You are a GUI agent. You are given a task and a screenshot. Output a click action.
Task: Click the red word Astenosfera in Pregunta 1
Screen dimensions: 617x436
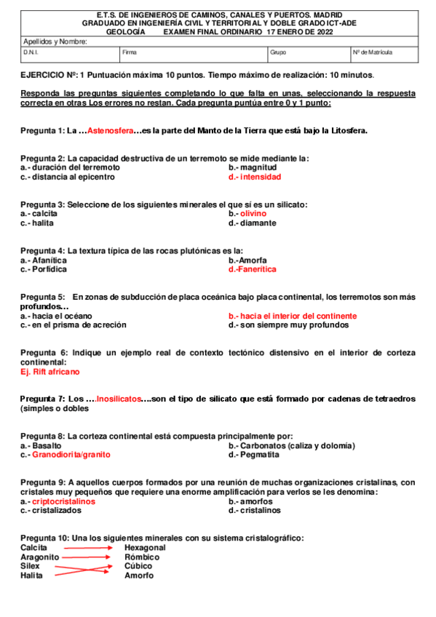[x=110, y=131]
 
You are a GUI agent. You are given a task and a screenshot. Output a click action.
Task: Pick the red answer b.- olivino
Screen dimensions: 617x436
[x=247, y=214]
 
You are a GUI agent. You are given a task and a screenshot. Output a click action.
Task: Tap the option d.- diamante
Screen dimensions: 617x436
[x=252, y=223]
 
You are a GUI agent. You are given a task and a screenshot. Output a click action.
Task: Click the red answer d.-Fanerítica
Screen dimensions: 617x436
[x=252, y=269]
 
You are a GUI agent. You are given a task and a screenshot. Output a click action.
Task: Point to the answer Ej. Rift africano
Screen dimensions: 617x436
[x=50, y=371]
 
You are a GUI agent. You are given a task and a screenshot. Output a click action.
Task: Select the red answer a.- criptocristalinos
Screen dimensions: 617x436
[x=58, y=501]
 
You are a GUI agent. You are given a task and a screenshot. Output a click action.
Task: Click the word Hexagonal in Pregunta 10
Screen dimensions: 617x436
[x=145, y=547]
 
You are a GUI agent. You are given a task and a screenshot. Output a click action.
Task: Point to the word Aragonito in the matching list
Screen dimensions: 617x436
[x=39, y=557]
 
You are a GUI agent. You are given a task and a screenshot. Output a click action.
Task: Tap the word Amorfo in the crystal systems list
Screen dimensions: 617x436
[x=138, y=576]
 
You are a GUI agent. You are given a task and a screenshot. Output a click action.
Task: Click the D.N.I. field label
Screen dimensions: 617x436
[x=31, y=53]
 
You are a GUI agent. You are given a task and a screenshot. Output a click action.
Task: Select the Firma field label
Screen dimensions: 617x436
[x=130, y=53]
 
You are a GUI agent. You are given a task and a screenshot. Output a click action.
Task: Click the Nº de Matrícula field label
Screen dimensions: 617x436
[x=373, y=53]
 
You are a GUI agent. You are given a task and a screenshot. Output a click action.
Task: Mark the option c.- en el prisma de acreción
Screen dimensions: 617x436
[x=73, y=325]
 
